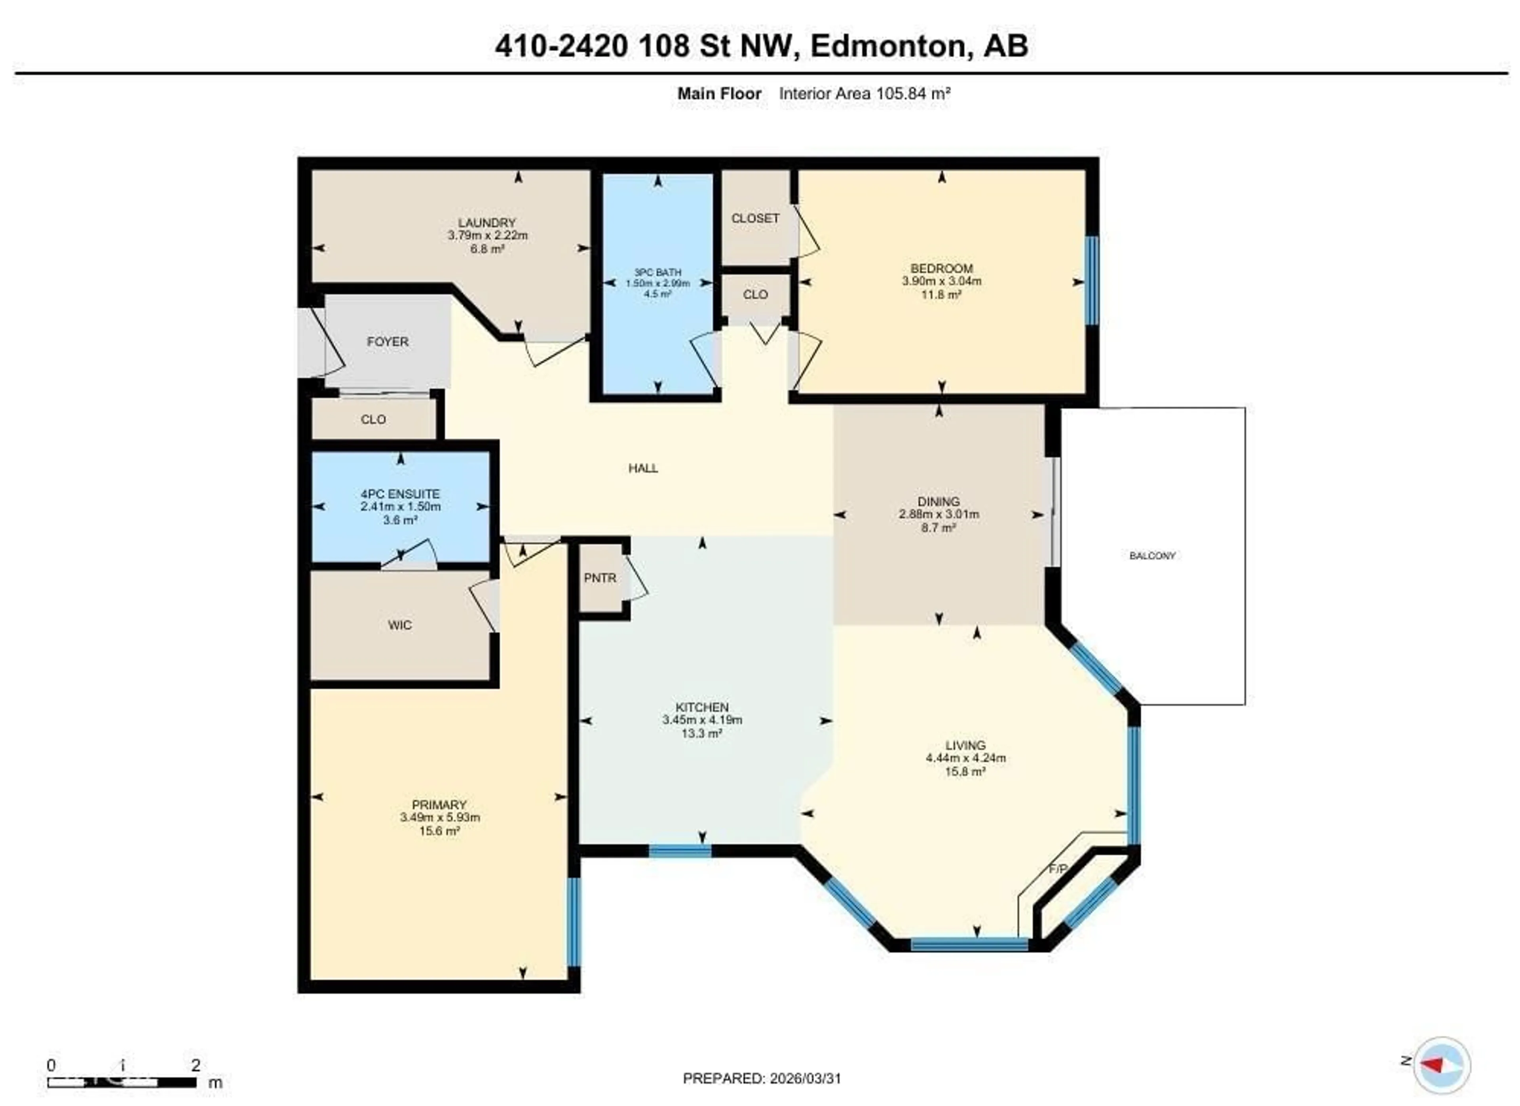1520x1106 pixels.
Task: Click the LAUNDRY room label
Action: [x=486, y=223]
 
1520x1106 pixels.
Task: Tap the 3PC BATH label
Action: [x=657, y=272]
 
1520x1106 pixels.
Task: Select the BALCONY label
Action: [x=1152, y=556]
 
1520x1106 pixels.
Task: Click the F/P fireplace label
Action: [x=1058, y=869]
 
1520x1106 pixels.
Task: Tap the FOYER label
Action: [x=388, y=341]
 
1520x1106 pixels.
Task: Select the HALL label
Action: [x=643, y=468]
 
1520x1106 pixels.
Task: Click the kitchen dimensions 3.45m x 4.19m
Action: [x=702, y=720]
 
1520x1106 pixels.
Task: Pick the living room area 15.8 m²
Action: [x=965, y=771]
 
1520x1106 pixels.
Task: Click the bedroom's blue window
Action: [x=1092, y=280]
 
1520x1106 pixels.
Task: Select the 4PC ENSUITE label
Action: [x=400, y=493]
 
